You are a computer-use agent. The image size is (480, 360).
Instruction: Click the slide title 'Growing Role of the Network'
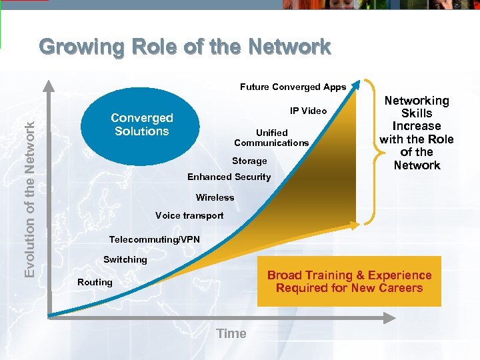[185, 47]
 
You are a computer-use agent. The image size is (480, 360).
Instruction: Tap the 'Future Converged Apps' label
[293, 87]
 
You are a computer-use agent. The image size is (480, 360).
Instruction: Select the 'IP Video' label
[308, 111]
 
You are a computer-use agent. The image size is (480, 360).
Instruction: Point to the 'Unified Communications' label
[271, 137]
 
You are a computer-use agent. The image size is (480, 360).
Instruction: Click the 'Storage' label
[249, 161]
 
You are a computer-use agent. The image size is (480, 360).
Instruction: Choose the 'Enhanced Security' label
[229, 177]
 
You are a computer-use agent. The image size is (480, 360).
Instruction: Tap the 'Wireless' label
[215, 197]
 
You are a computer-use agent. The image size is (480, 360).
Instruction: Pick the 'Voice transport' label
[189, 215]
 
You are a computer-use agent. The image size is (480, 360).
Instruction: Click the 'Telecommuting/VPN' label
[154, 239]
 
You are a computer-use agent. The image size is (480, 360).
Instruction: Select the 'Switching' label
[125, 259]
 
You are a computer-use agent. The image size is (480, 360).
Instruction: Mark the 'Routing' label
[95, 282]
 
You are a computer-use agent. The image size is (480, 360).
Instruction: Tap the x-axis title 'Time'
[231, 333]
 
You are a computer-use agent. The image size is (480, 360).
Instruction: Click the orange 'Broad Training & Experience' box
[349, 281]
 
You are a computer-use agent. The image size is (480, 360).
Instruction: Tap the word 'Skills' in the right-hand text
[417, 113]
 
